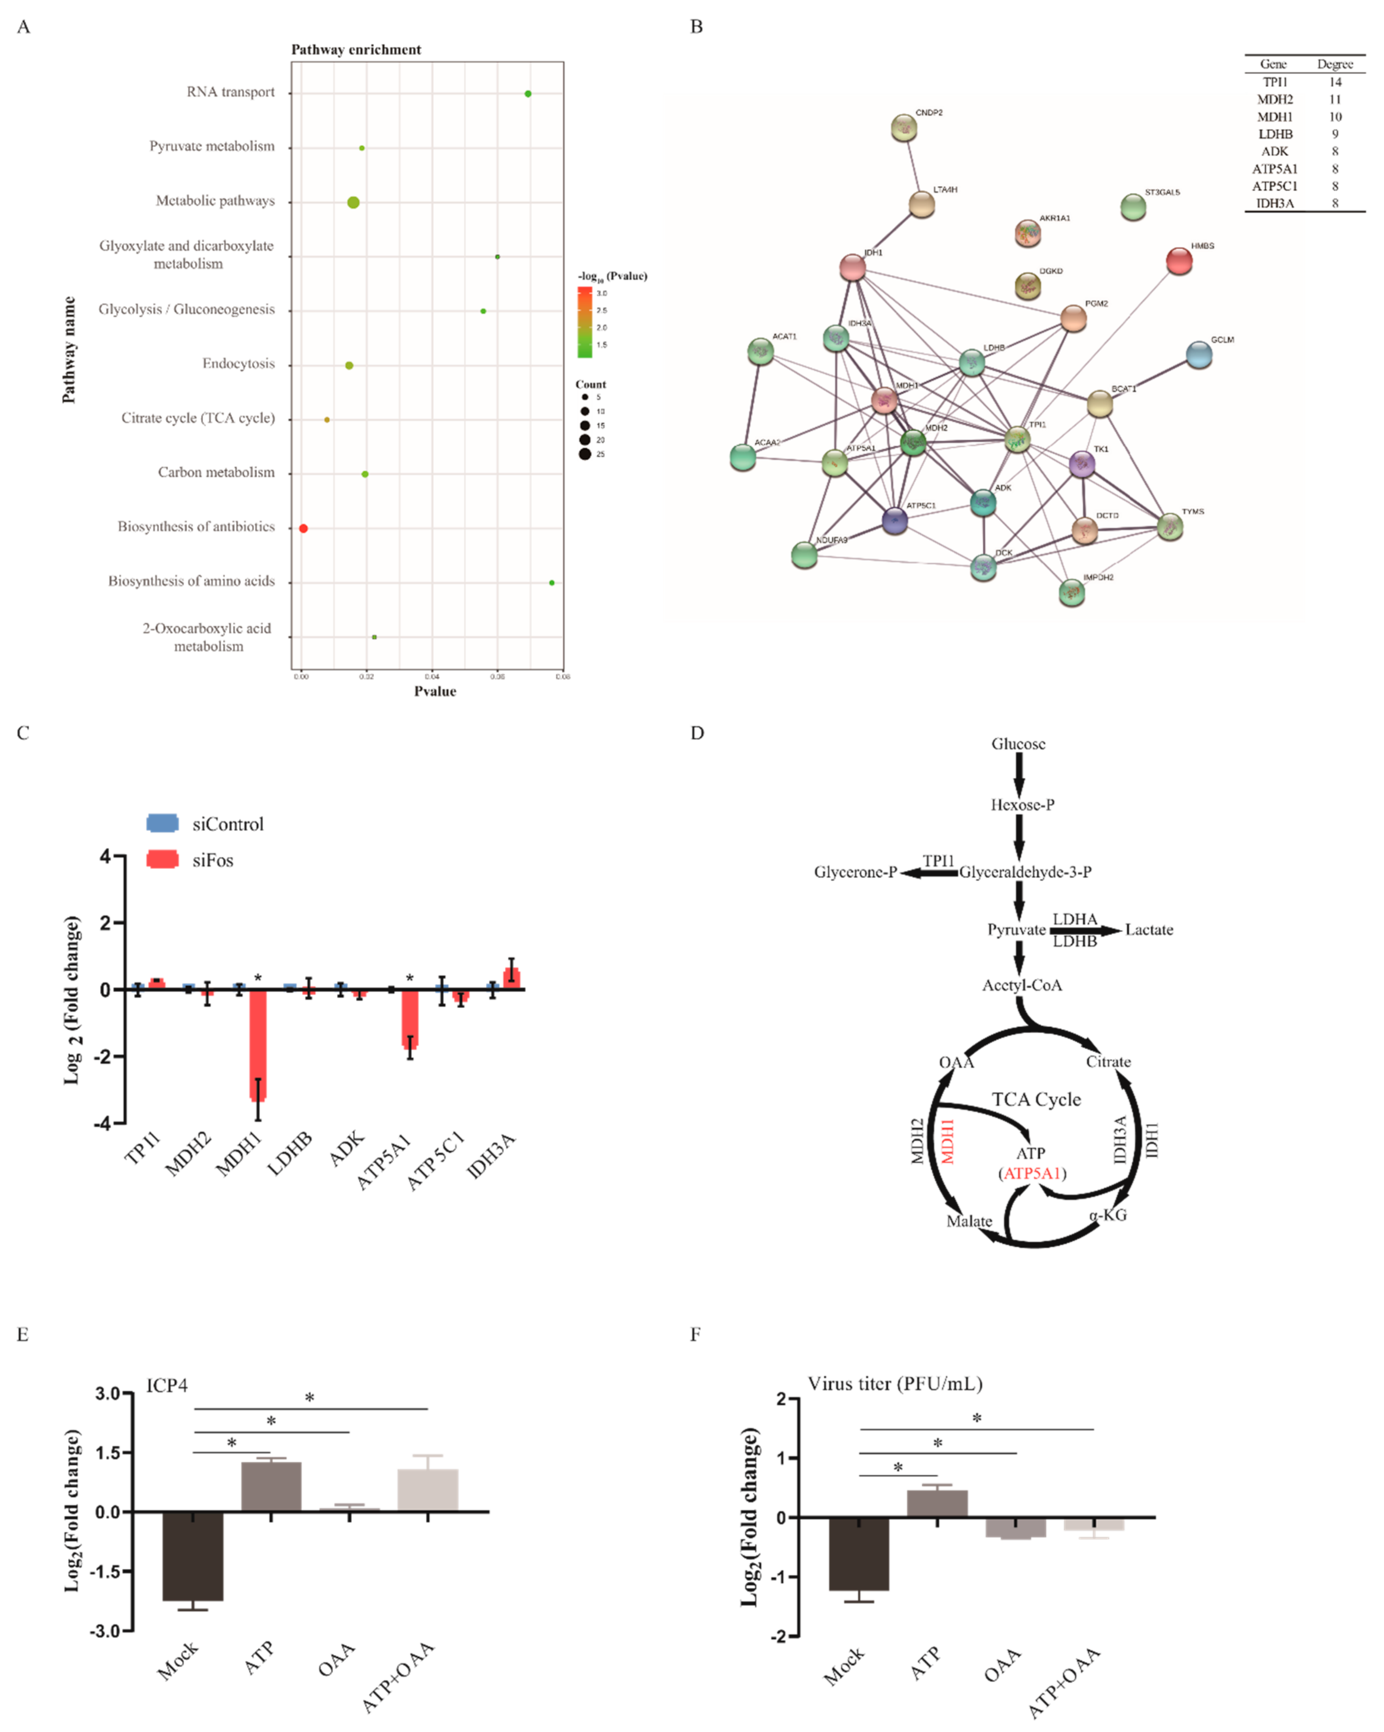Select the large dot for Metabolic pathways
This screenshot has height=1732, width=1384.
tap(354, 202)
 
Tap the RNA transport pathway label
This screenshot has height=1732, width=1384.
tap(231, 92)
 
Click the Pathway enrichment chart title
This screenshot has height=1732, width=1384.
tap(356, 50)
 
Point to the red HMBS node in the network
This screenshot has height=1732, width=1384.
tap(1179, 261)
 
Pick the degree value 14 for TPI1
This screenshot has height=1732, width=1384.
tap(1335, 82)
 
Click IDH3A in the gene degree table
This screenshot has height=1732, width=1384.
tap(1275, 203)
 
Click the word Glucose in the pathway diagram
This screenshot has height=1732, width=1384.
tap(1018, 744)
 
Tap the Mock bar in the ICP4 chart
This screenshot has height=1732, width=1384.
tap(193, 1556)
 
